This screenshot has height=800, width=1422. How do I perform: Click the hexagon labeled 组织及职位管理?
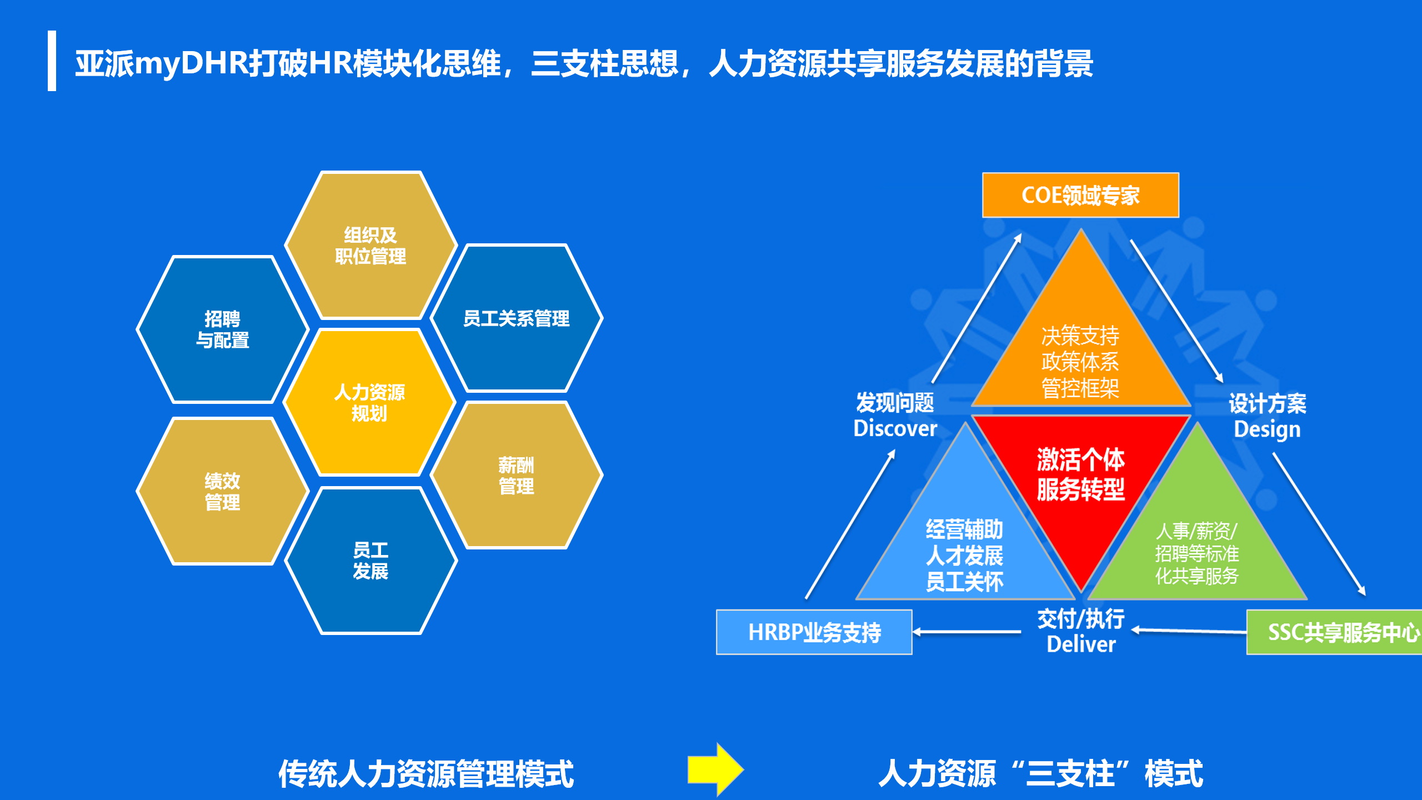(370, 246)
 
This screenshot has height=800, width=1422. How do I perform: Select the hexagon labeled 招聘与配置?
(222, 329)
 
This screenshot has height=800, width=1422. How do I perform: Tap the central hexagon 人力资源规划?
(369, 403)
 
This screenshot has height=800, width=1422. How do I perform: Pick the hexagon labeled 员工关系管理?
(517, 318)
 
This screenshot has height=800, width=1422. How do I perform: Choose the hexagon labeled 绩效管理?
(222, 492)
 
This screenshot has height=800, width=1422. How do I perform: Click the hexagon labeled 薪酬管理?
(517, 476)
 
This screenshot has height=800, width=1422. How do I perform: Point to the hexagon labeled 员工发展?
(370, 561)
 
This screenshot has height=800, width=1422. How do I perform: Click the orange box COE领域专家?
(1080, 195)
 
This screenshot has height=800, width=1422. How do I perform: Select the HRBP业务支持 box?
(814, 632)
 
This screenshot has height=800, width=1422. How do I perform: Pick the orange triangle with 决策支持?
(1080, 356)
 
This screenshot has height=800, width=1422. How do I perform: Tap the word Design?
(1267, 429)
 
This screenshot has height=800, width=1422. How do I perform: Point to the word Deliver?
(1081, 644)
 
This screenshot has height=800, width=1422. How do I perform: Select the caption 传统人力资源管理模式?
(426, 774)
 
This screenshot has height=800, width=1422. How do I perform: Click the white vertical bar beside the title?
(52, 61)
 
